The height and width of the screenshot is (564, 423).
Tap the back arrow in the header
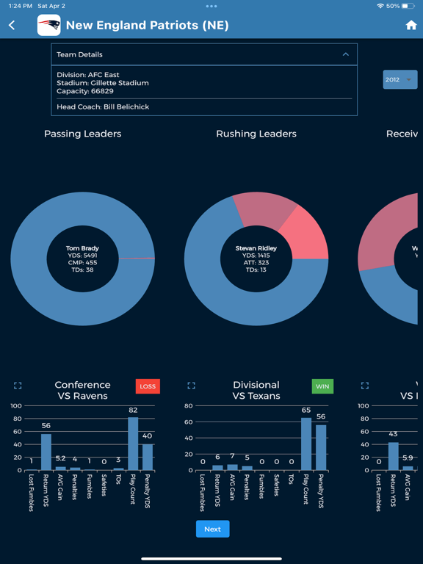click(x=12, y=26)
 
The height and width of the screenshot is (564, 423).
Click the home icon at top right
click(x=411, y=25)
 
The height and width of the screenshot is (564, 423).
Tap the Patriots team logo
click(x=49, y=26)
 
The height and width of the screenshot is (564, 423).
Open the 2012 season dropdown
click(x=399, y=79)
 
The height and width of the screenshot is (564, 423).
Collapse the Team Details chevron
click(x=346, y=54)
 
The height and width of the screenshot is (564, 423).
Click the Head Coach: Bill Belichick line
click(x=103, y=107)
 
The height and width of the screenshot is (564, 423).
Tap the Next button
click(x=212, y=529)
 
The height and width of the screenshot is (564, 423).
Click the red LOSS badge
click(x=148, y=386)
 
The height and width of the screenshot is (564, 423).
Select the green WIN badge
click(x=322, y=386)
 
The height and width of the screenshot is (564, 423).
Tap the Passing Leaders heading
click(x=82, y=134)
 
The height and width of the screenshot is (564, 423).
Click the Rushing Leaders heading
click(x=256, y=134)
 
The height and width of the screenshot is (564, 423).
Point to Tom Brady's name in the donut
click(x=82, y=249)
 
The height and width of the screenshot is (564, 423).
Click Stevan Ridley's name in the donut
click(x=256, y=248)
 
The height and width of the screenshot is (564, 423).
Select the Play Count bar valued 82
click(x=133, y=444)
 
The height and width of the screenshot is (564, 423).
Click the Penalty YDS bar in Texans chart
click(x=321, y=447)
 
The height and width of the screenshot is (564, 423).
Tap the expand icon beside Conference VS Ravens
click(x=18, y=386)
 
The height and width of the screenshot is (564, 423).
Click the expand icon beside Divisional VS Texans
click(x=191, y=386)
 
